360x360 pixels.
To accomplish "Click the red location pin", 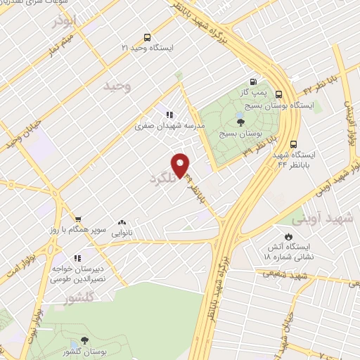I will [x=182, y=165].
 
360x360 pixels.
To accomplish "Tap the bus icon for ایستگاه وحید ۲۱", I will [x=146, y=37].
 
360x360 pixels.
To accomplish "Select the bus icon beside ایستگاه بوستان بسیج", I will [x=279, y=94].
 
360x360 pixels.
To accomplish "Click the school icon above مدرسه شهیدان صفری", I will [x=169, y=113].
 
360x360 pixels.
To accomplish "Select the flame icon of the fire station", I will [x=288, y=236].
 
